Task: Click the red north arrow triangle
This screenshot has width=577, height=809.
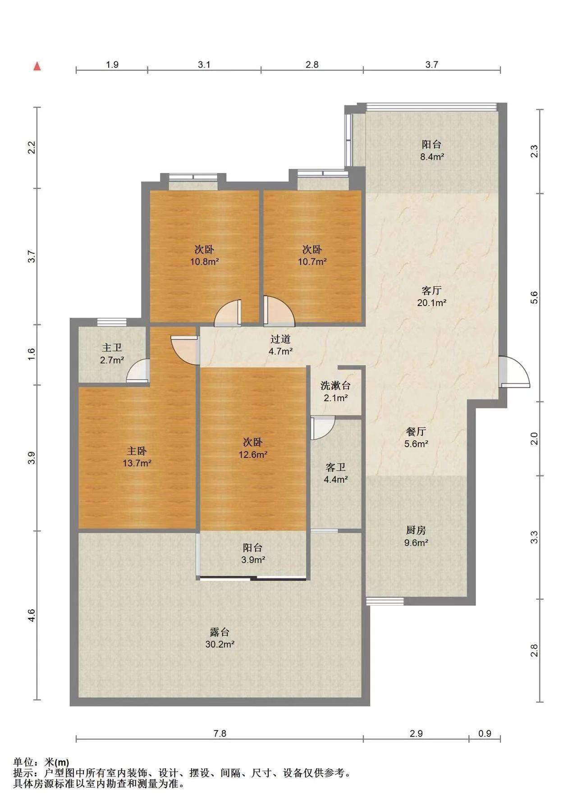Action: point(38,66)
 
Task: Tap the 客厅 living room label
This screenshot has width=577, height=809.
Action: point(431,290)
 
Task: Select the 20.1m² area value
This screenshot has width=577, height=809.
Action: point(432,303)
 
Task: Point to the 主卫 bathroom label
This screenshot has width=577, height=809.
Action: point(112,347)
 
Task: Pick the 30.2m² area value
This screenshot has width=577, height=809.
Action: point(220,644)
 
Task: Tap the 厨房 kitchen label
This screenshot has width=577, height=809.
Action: point(416,530)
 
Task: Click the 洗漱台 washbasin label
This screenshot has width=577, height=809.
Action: point(335,385)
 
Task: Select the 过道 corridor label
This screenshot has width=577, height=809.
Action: point(280,339)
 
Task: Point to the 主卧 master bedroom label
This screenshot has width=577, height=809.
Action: point(137,450)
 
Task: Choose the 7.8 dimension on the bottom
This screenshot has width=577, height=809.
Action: point(220,733)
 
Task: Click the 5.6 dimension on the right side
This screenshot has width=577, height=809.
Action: point(535,298)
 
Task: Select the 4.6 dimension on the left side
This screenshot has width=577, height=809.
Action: point(31,616)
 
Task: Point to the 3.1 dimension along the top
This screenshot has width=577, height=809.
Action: point(204,64)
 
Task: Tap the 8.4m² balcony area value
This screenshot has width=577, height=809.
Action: point(431,157)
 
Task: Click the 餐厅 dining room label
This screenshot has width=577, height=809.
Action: point(416,431)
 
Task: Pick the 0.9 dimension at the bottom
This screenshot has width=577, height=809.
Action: point(485,733)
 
